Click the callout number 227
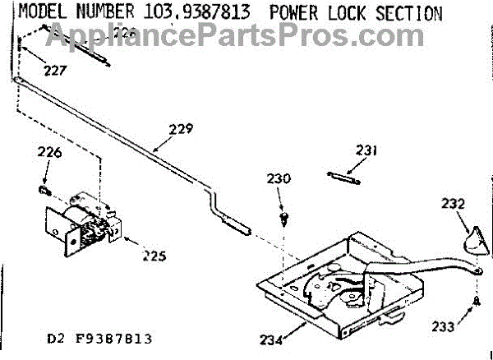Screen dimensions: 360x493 (56, 71)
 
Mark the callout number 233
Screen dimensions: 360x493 (443, 326)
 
